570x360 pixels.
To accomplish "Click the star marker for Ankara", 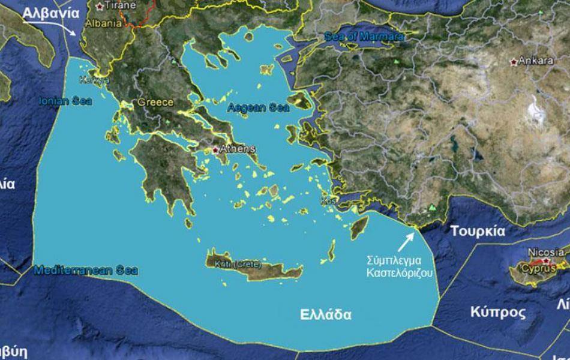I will click(x=513, y=62).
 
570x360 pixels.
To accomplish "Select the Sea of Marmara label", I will click(x=364, y=37).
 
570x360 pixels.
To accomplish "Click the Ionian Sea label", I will click(x=65, y=101).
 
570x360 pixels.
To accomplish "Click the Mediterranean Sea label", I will click(x=86, y=271).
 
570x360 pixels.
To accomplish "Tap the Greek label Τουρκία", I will click(x=478, y=232).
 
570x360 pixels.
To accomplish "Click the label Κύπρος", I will click(x=490, y=313).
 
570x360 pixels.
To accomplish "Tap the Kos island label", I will click(x=327, y=200).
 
